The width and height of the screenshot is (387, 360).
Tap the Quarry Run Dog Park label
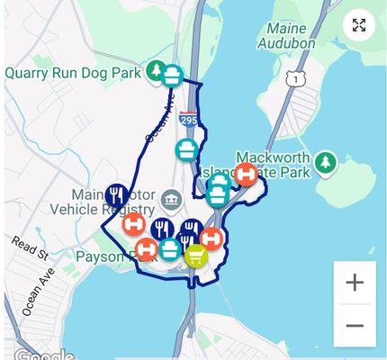[x=74, y=72]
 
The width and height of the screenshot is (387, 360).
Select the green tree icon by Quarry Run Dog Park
[x=156, y=70]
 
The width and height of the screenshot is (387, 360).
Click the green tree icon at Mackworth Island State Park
[x=325, y=164]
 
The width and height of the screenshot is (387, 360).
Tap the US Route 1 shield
[x=296, y=80]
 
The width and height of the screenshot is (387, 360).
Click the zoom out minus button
[x=355, y=326]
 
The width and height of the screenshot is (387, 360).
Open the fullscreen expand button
[x=358, y=24]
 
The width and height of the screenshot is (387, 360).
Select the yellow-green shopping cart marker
[x=195, y=256]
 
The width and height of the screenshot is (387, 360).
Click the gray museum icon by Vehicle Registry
[x=171, y=198]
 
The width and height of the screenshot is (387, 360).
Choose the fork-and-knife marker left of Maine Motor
[x=115, y=194]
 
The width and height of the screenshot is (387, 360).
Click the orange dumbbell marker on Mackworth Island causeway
[x=246, y=175]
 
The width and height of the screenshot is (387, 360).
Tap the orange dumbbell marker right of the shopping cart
[x=211, y=238]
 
